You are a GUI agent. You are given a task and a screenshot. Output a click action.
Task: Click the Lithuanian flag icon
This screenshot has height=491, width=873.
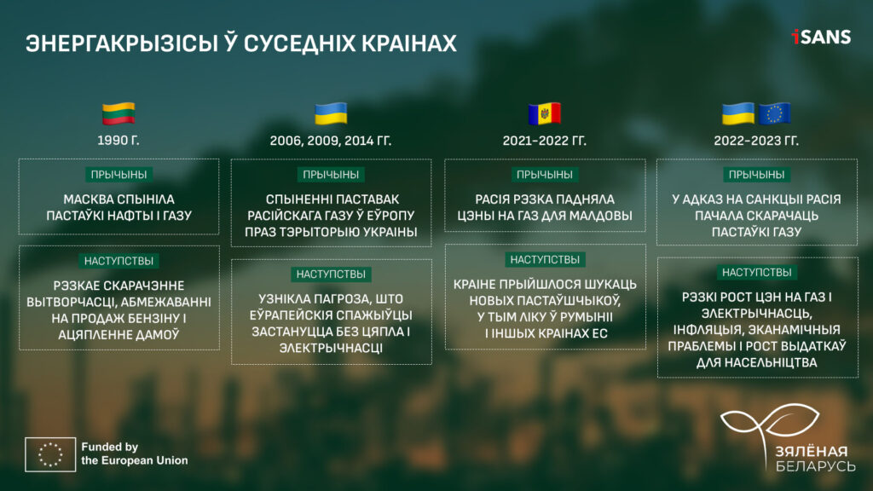pyautogui.click(x=119, y=114)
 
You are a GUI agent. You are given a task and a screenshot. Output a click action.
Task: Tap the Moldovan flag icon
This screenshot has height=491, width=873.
pyautogui.click(x=545, y=114)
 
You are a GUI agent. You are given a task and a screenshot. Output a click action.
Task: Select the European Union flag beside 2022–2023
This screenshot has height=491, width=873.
pyautogui.click(x=774, y=114)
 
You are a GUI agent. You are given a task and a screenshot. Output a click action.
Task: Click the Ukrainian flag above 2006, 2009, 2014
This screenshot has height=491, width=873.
pyautogui.click(x=331, y=114)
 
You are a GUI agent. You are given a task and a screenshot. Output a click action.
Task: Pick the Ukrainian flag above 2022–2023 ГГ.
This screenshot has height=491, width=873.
pyautogui.click(x=738, y=114)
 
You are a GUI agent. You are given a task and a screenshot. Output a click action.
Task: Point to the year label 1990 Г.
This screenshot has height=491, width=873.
pyautogui.click(x=119, y=141)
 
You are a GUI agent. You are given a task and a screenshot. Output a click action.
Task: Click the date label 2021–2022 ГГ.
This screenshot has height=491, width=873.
pyautogui.click(x=545, y=141)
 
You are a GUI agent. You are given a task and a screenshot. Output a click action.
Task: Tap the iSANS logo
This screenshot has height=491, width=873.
pyautogui.click(x=821, y=37)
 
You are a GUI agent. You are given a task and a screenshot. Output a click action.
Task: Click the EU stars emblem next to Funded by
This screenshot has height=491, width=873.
pyautogui.click(x=50, y=454)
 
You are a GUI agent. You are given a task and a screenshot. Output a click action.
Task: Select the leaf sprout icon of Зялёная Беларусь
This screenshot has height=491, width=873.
pyautogui.click(x=771, y=422)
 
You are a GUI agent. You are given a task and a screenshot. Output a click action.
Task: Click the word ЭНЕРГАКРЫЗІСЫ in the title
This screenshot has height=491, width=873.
pyautogui.click(x=121, y=43)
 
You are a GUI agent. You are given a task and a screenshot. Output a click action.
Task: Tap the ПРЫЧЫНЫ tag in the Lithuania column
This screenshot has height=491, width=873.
pyautogui.click(x=119, y=174)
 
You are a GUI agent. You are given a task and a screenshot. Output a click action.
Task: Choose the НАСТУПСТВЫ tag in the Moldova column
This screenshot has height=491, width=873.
pyautogui.click(x=545, y=259)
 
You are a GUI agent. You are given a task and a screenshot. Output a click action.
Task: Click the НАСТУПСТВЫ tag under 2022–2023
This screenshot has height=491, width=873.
pyautogui.click(x=757, y=272)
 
